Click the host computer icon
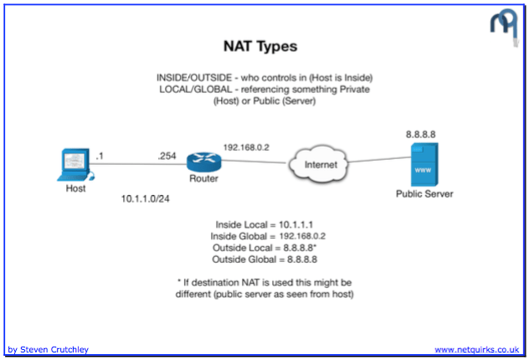[x=76, y=164]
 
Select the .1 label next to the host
[x=100, y=156]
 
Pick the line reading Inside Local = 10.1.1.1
[x=265, y=226]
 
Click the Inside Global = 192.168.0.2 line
[x=265, y=237]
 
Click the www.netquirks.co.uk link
[x=477, y=349]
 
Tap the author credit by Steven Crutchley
[x=48, y=349]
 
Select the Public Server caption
[x=424, y=194]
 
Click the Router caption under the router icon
[x=204, y=178]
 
